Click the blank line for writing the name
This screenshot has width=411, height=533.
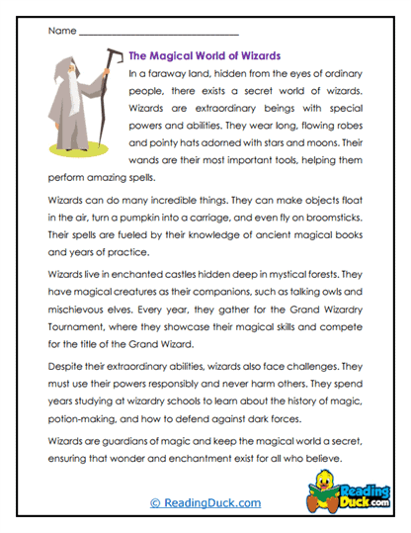click(158, 35)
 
